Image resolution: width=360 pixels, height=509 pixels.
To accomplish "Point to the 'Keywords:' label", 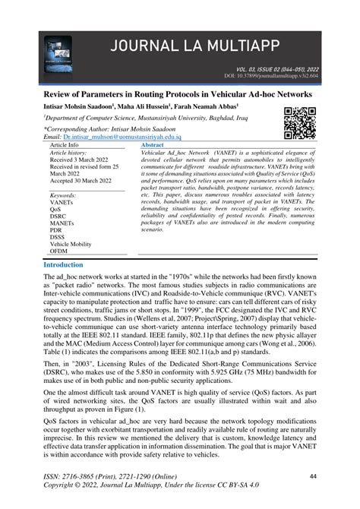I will [63, 196].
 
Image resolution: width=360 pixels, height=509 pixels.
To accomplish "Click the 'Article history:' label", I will [69, 152].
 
